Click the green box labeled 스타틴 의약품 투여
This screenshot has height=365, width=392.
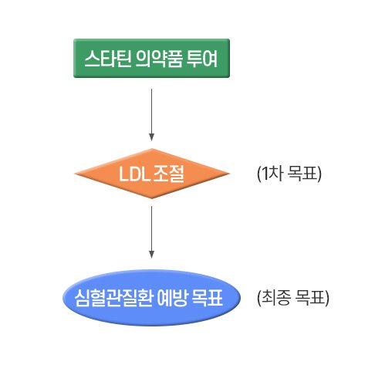coord(151,58)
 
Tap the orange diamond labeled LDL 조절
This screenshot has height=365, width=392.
coord(152,174)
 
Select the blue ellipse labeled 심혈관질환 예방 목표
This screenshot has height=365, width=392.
coord(151,298)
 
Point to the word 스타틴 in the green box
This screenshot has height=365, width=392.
coord(108,59)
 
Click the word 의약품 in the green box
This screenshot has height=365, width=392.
coord(159,59)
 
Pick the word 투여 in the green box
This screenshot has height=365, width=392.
coord(202,59)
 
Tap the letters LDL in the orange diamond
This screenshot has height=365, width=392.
coord(134,174)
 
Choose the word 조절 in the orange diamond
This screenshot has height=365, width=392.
coord(169,174)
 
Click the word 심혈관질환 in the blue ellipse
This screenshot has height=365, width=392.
coord(113,298)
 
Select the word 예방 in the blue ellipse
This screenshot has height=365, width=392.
coord(172,298)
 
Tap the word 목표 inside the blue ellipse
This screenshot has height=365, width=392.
coord(208,298)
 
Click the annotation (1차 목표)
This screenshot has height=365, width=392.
coord(289,174)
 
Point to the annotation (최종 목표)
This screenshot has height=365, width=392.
coord(293,298)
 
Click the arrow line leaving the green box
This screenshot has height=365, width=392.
coord(152,115)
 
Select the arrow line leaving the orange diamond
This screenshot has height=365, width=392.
coord(152,232)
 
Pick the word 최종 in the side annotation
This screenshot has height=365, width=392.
coord(276,298)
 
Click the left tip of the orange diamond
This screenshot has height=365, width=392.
coord(74,174)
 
